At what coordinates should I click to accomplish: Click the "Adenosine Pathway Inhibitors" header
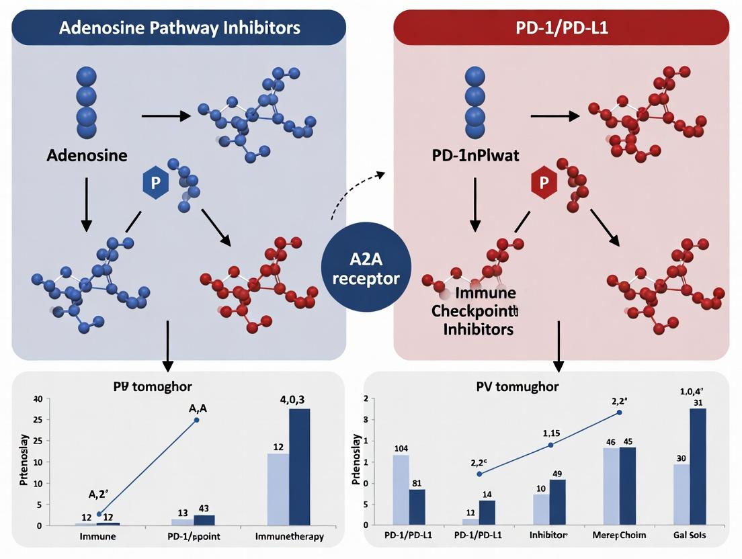tap(179, 28)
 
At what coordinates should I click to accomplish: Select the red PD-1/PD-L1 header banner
tap(561, 28)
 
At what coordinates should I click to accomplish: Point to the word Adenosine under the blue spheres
tap(87, 155)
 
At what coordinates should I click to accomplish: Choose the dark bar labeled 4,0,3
tap(299, 466)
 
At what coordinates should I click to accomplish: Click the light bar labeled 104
tap(401, 490)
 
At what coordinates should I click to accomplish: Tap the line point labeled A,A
tap(196, 420)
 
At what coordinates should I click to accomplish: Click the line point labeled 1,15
tap(550, 445)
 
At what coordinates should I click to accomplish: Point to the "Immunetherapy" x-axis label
tap(290, 536)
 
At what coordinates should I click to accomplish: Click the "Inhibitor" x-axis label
tap(549, 536)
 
